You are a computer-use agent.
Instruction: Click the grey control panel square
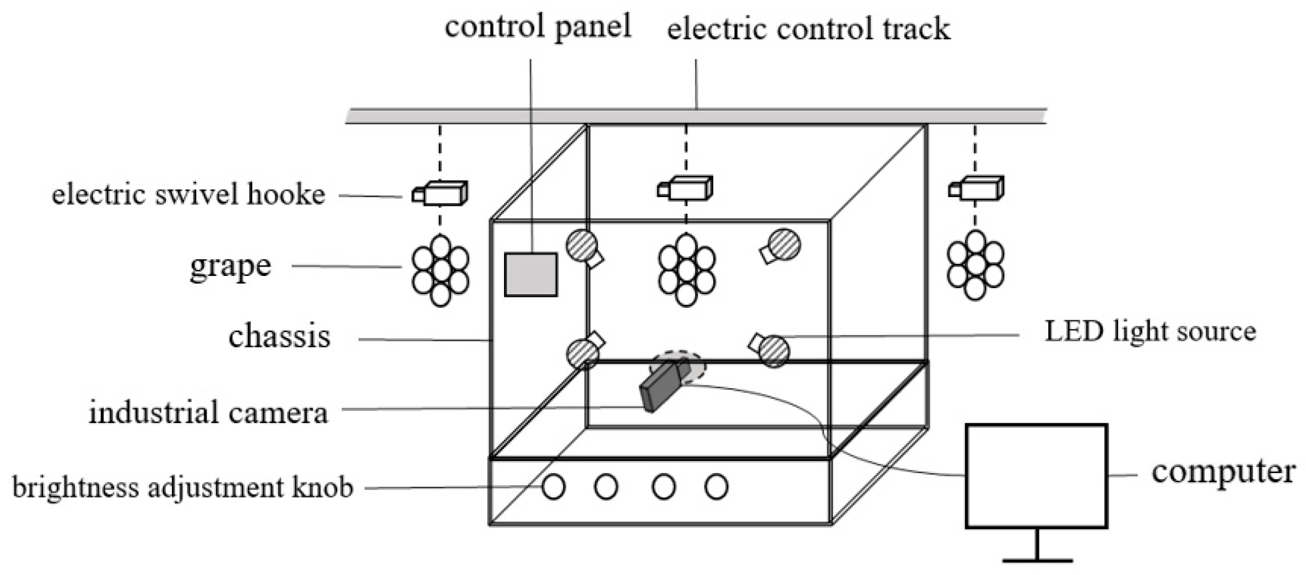530,274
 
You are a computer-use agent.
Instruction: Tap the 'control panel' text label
538,26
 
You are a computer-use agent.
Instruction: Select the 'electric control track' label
808,29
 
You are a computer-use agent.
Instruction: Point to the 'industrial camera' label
208,413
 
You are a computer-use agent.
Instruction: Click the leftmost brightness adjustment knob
553,487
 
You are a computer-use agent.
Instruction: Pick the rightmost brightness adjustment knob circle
716,487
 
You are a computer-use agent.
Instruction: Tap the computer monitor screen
1036,476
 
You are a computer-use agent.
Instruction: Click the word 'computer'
1223,473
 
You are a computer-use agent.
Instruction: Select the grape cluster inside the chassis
686,270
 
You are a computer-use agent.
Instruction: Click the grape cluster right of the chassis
975,265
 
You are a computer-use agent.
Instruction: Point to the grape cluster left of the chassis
440,270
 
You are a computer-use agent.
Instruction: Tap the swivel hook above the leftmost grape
440,193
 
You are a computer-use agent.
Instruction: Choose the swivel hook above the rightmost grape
976,189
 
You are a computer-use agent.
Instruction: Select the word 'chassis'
279,337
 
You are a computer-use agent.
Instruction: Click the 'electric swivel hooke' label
188,195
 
